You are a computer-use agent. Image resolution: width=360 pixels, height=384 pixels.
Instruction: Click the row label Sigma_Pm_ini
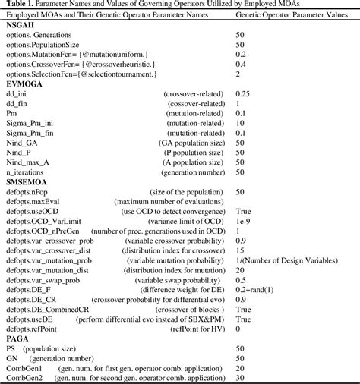tap(27, 122)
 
